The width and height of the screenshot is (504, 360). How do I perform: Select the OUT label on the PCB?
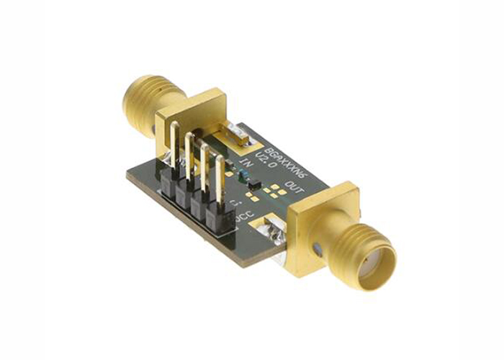294,189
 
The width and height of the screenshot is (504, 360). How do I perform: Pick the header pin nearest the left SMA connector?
174,148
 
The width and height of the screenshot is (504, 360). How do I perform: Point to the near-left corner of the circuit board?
128,179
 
